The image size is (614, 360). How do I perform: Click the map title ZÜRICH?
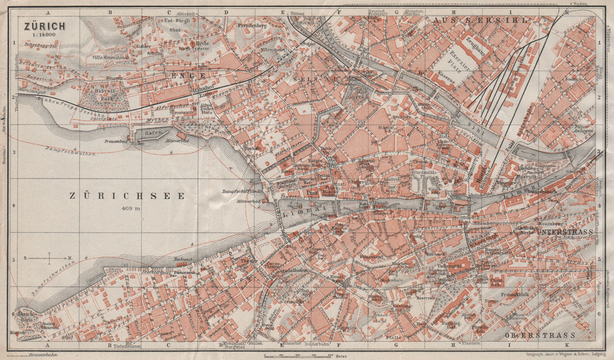[45, 26]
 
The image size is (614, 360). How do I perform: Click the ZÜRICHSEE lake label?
[127, 196]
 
